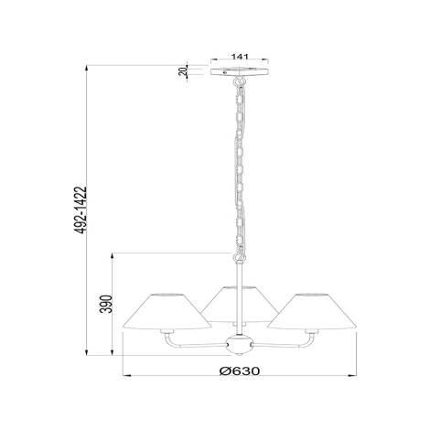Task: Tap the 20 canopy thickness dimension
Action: tap(185, 71)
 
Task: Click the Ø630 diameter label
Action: tap(240, 371)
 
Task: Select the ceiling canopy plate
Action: tap(241, 71)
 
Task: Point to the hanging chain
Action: tap(241, 165)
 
